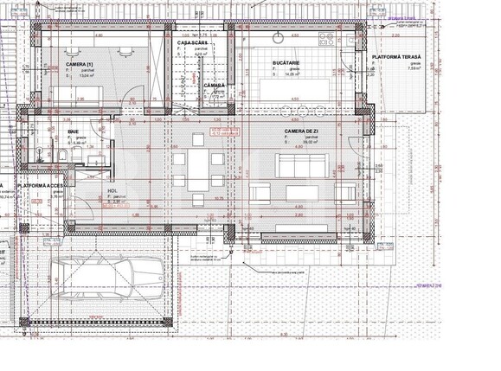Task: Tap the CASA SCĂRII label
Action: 191,42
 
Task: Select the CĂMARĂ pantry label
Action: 215,86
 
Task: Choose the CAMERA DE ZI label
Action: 302,130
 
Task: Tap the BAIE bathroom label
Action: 74,131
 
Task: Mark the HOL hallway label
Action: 112,191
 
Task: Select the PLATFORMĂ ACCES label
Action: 38,185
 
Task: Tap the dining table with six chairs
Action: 196,170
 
